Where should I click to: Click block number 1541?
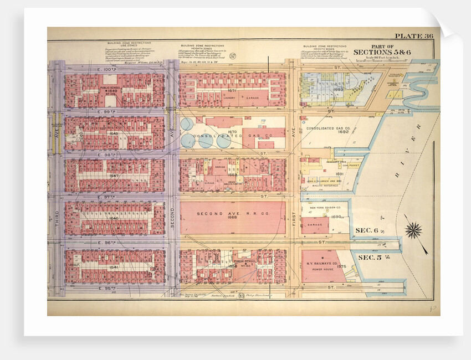tap(114, 268)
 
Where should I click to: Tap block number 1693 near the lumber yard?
tap(337, 89)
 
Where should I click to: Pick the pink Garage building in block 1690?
tap(315, 225)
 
